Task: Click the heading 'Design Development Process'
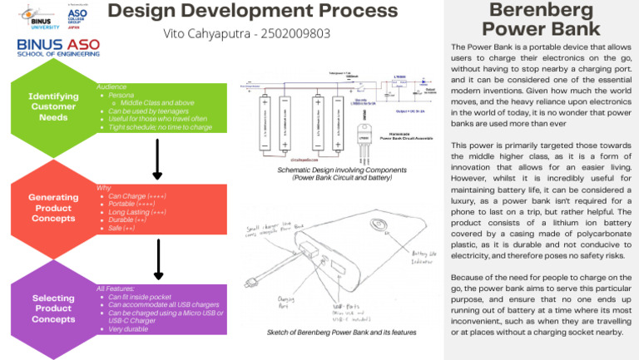[253, 11]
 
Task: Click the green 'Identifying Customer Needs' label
[53, 106]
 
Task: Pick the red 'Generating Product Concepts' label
[53, 208]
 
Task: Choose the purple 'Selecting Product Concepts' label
[53, 308]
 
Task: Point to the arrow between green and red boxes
[157, 159]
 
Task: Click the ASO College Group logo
[77, 16]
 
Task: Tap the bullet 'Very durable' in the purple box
[128, 329]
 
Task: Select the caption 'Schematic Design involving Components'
[342, 170]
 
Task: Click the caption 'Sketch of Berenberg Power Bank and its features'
[342, 333]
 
